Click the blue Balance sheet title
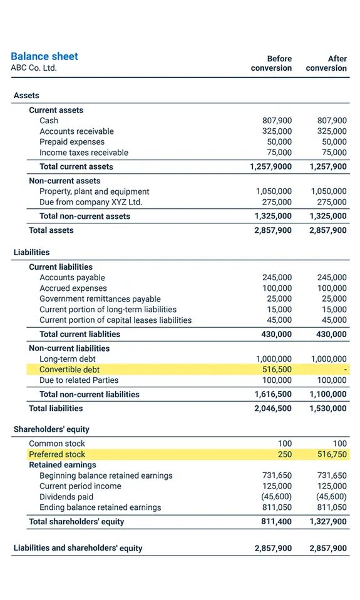click(x=44, y=56)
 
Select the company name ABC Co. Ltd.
click(x=34, y=68)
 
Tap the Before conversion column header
click(x=271, y=63)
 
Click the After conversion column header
click(x=326, y=63)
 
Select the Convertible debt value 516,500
click(x=277, y=370)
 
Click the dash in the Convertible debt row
click(x=345, y=370)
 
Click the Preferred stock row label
click(x=57, y=454)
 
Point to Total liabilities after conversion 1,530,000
click(x=327, y=408)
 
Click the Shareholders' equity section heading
click(x=51, y=429)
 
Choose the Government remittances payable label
click(x=100, y=299)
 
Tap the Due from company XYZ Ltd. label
click(x=91, y=202)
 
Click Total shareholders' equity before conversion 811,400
click(x=277, y=521)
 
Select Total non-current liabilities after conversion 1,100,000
click(x=327, y=394)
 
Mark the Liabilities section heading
click(x=31, y=252)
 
